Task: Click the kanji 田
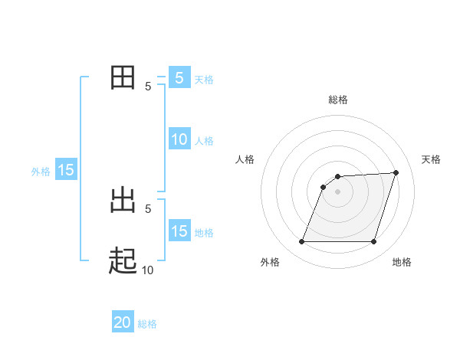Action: pyautogui.click(x=123, y=78)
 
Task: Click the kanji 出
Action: pyautogui.click(x=123, y=201)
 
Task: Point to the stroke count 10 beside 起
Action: pyautogui.click(x=147, y=270)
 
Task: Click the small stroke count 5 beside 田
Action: pyautogui.click(x=148, y=87)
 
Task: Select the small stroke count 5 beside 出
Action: pyautogui.click(x=148, y=208)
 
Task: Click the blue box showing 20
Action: pyautogui.click(x=123, y=322)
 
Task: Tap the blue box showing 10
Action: pyautogui.click(x=179, y=139)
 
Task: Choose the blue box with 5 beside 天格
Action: pyautogui.click(x=179, y=78)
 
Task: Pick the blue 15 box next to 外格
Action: pyautogui.click(x=66, y=170)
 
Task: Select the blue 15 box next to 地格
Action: pyautogui.click(x=179, y=231)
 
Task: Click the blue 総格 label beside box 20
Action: pyautogui.click(x=147, y=324)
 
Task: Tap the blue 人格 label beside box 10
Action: pyautogui.click(x=204, y=141)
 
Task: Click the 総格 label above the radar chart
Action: pyautogui.click(x=337, y=100)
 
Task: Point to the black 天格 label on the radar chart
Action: pyautogui.click(x=432, y=159)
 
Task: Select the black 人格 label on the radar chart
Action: pyautogui.click(x=245, y=159)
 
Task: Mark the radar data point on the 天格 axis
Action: pyautogui.click(x=396, y=172)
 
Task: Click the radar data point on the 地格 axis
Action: pyautogui.click(x=373, y=242)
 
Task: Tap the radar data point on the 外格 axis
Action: pyautogui.click(x=301, y=242)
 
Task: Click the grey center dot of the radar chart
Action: pyautogui.click(x=337, y=192)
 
